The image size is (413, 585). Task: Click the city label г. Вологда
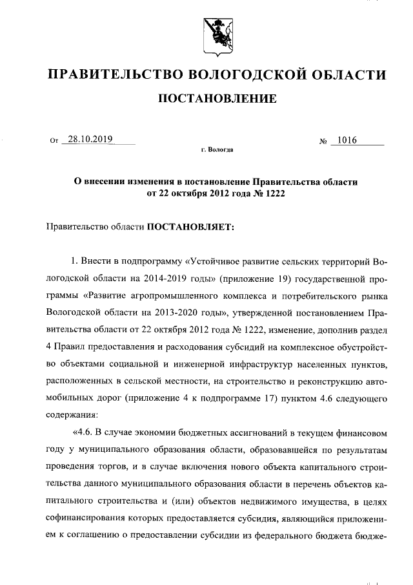coord(217,150)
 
